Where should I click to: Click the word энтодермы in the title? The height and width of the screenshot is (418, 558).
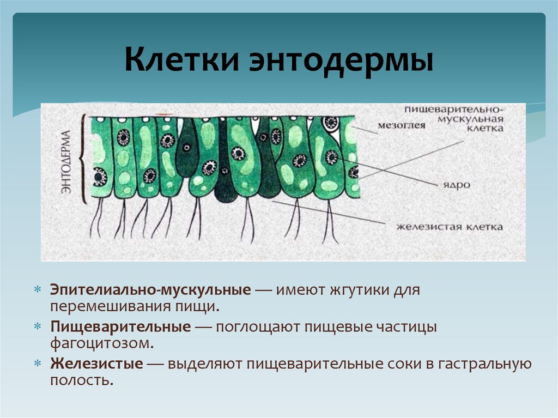pyautogui.click(x=342, y=60)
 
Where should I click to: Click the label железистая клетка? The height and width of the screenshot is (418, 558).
pyautogui.click(x=449, y=226)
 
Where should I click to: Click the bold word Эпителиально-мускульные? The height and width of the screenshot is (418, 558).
pyautogui.click(x=150, y=290)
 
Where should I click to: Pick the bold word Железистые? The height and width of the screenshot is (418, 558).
pyautogui.click(x=97, y=364)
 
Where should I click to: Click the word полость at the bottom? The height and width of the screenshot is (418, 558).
pyautogui.click(x=81, y=380)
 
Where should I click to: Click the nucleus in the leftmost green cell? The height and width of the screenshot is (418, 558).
pyautogui.click(x=100, y=177)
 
